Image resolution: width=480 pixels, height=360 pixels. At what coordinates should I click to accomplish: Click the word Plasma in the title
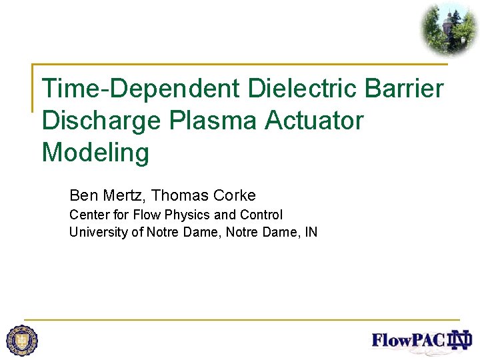[x=215, y=121]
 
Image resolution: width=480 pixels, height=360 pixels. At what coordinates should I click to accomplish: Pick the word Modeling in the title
[x=95, y=153]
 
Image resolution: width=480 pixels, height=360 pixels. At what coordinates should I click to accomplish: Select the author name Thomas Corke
[x=203, y=195]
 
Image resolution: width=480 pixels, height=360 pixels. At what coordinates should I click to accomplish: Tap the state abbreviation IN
[x=311, y=232]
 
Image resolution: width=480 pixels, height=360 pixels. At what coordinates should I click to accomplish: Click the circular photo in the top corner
[x=448, y=28]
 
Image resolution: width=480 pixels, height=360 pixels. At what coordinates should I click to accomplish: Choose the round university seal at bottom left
[x=22, y=340]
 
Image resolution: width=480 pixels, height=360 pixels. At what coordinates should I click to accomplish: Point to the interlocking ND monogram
[x=460, y=340]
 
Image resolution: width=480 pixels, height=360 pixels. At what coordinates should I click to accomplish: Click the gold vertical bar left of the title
[x=33, y=87]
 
